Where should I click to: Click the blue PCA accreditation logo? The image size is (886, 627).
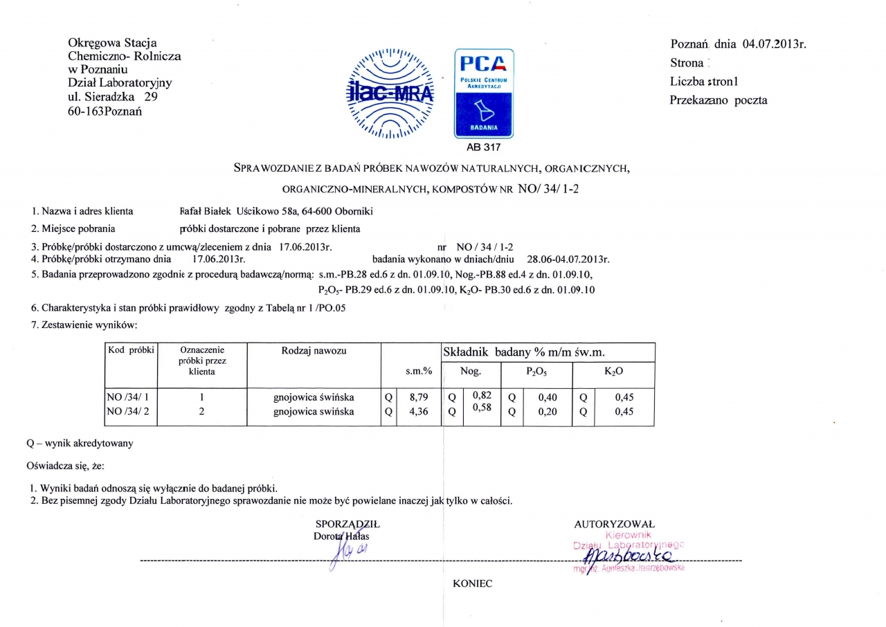[483, 93]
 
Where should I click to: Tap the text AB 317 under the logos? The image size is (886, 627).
[483, 147]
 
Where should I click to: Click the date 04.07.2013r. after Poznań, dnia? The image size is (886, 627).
[775, 45]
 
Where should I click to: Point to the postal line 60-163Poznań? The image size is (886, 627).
[105, 111]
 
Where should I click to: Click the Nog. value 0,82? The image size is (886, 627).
[481, 394]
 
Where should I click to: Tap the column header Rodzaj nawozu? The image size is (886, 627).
[314, 351]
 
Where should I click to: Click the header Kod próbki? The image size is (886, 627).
[130, 349]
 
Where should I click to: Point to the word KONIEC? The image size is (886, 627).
[472, 584]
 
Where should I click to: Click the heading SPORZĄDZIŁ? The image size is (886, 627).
[347, 524]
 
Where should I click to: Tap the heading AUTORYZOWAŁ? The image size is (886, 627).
[614, 524]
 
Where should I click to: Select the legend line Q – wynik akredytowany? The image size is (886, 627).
[80, 444]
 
